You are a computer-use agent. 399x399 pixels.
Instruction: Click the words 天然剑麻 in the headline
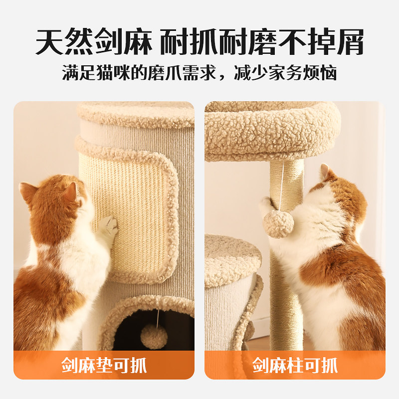pos(93,42)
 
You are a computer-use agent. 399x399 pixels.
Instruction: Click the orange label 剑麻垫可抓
pos(104,365)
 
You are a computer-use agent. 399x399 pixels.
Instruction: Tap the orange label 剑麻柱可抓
pos(295,365)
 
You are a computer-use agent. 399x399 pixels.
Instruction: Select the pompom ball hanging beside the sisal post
pos(279,224)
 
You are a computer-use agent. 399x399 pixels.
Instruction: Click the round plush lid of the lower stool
pos(232,259)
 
